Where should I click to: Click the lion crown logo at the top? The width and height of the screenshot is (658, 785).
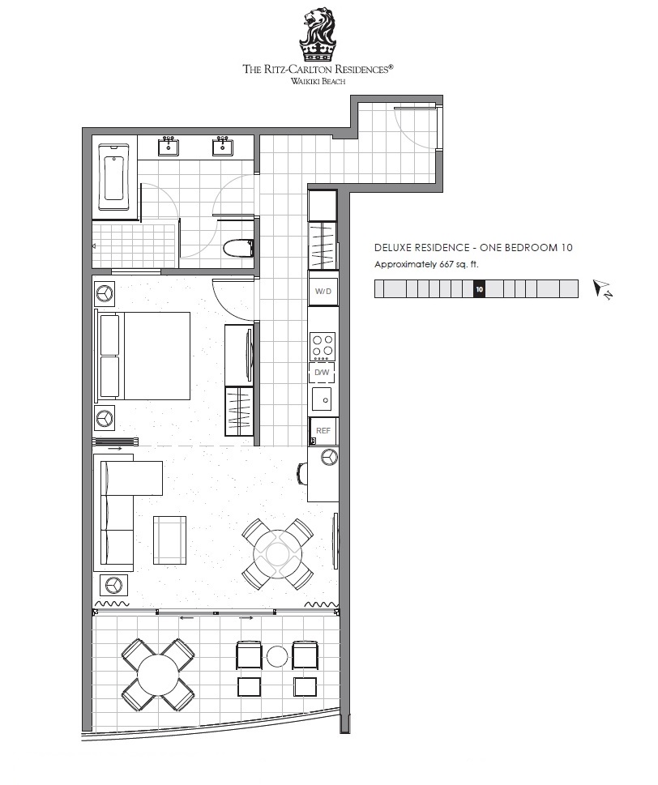(x=318, y=34)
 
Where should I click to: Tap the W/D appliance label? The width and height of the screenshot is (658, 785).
(x=323, y=291)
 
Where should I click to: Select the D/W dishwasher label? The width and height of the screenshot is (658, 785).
(x=322, y=372)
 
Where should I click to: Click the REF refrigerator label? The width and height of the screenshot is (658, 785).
(x=323, y=430)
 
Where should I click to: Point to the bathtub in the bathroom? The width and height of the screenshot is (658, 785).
(x=113, y=177)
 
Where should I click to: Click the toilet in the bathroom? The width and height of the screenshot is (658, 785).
(x=238, y=248)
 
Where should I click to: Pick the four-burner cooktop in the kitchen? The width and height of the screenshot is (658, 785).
(x=323, y=346)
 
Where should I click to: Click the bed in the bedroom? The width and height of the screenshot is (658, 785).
(x=143, y=356)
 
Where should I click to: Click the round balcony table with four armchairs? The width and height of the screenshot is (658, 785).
(x=158, y=674)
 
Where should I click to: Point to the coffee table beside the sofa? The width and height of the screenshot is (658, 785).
(x=169, y=540)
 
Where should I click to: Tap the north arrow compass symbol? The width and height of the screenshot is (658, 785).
(x=602, y=289)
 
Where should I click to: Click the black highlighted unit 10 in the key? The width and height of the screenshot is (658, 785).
(x=479, y=289)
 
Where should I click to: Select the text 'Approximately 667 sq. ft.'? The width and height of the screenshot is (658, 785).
(x=426, y=264)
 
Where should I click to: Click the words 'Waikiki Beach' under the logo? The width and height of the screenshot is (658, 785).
(x=318, y=81)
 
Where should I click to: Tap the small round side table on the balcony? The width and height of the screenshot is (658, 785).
(x=277, y=656)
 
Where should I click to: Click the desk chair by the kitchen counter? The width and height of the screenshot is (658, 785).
(x=302, y=473)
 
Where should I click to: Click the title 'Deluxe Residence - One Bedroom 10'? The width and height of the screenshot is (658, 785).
(x=473, y=247)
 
